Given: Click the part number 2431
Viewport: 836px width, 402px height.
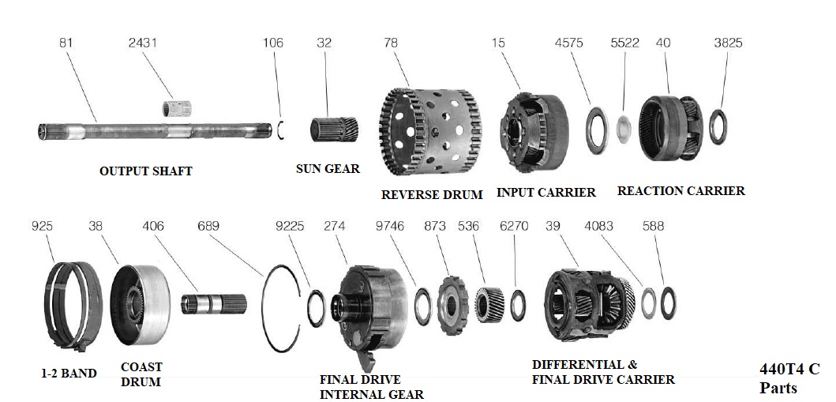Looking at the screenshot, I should [143, 43].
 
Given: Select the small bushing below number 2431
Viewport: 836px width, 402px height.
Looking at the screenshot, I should [178, 108].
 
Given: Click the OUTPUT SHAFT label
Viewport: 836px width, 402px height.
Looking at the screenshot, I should [145, 171].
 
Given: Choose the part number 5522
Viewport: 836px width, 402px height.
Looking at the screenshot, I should [624, 43].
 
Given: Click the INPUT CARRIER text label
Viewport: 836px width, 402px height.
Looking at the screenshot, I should [545, 192].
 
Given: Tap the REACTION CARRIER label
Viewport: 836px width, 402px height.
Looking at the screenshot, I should [680, 190].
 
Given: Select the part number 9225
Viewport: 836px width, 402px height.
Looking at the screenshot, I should [291, 226].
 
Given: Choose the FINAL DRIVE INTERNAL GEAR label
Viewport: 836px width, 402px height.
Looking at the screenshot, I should [371, 386].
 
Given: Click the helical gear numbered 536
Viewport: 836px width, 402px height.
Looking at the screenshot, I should [489, 304].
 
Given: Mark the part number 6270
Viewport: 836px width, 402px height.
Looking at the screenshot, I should [514, 226].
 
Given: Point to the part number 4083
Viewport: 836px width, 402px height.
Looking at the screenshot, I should [598, 226].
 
